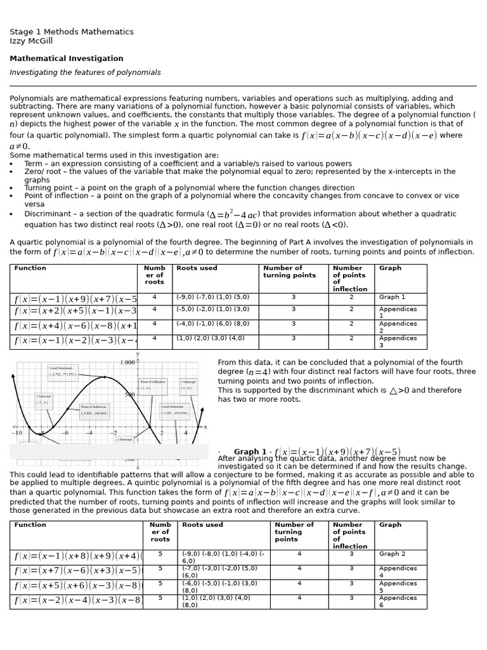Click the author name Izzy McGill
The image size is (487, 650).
[x=31, y=41]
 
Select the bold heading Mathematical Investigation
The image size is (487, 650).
[x=67, y=58]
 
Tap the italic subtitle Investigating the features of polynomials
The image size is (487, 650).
[x=85, y=72]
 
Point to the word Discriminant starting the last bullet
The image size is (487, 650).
[x=47, y=214]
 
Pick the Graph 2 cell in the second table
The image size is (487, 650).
[x=392, y=554]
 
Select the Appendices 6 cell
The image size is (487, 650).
[x=398, y=601]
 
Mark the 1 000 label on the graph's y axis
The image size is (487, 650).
[x=127, y=362]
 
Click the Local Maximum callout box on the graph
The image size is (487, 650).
[x=63, y=371]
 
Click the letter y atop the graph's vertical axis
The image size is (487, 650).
[x=138, y=354]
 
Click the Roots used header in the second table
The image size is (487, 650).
[x=202, y=525]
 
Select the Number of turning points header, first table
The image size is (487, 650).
[x=289, y=272]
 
